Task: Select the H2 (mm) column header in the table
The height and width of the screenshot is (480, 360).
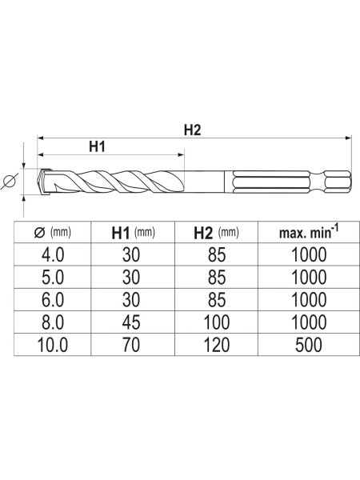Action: click(x=216, y=233)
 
